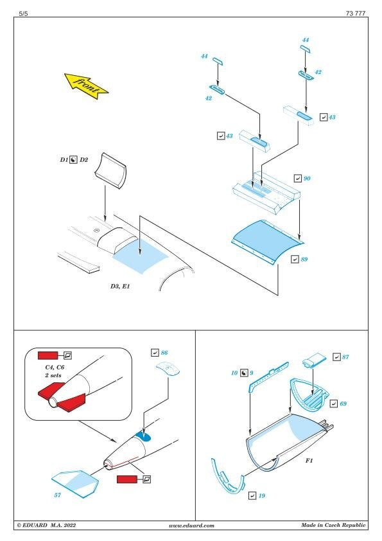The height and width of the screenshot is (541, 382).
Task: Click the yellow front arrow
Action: [x=86, y=85]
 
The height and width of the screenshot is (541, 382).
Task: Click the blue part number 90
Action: [x=307, y=179]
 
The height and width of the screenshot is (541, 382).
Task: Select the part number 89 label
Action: [x=304, y=259]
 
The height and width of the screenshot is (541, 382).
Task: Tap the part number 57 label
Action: [x=58, y=495]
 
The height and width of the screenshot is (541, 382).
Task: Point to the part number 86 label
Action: [x=164, y=353]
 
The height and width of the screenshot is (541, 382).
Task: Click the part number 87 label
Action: [x=345, y=357]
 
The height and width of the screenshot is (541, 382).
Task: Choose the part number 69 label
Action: [x=343, y=404]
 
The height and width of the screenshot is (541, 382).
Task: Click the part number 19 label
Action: [x=262, y=495]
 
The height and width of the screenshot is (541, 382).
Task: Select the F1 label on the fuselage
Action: [x=309, y=461]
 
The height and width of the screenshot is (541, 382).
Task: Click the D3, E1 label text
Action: [x=120, y=287]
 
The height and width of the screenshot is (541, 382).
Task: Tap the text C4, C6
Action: [x=55, y=368]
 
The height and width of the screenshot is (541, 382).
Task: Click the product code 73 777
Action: [x=356, y=13]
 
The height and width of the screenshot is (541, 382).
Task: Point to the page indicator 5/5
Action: [x=24, y=13]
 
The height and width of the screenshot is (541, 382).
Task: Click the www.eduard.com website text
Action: [x=191, y=526]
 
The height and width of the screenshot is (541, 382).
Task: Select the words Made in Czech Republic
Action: [x=333, y=525]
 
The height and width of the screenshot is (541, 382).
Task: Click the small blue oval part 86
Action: [x=168, y=369]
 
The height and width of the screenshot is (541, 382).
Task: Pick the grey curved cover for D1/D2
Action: [x=110, y=171]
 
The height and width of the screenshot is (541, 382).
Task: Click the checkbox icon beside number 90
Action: [x=297, y=179]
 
